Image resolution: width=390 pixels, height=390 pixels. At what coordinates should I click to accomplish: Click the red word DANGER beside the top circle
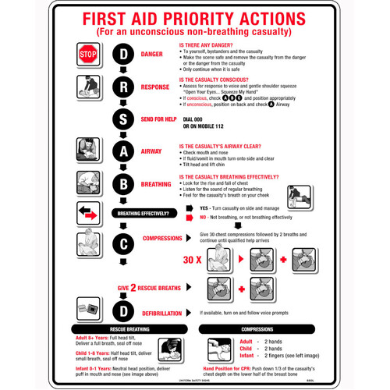click(152, 54)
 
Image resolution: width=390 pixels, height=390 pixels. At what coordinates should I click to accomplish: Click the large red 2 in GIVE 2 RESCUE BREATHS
click(133, 288)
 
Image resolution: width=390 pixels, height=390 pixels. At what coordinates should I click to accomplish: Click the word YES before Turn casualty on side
click(204, 208)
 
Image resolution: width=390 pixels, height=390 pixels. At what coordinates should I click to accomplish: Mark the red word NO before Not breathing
click(203, 219)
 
